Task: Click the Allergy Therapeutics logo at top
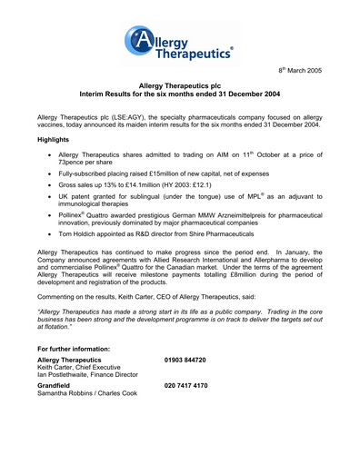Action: coord(180,45)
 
